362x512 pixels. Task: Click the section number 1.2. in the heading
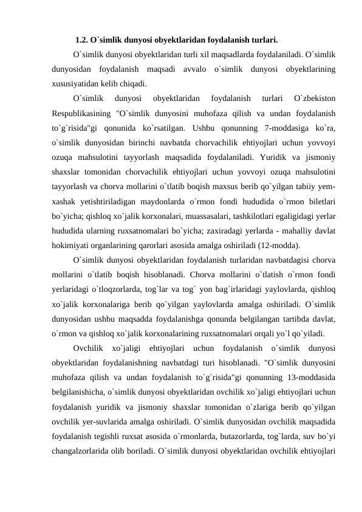point(82,41)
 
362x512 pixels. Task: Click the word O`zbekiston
point(315,97)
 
